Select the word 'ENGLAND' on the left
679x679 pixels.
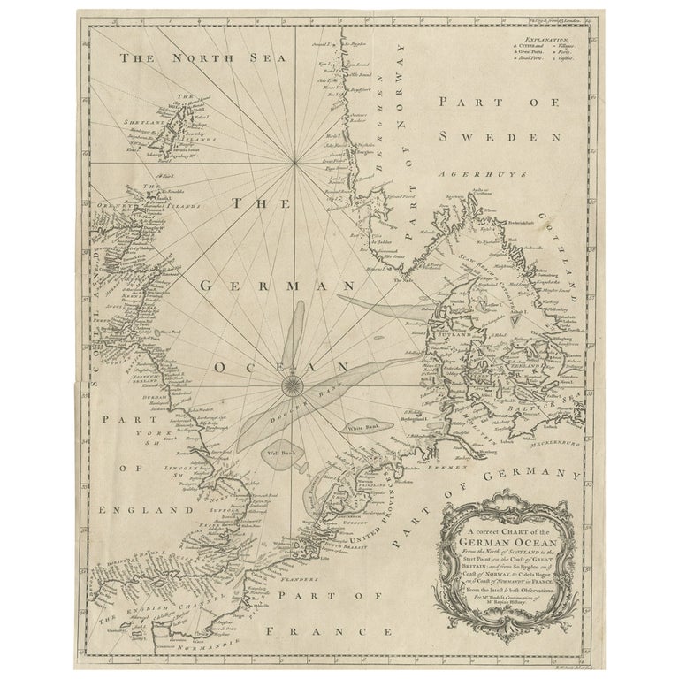pos(134,510)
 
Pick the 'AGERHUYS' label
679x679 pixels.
pos(469,176)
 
